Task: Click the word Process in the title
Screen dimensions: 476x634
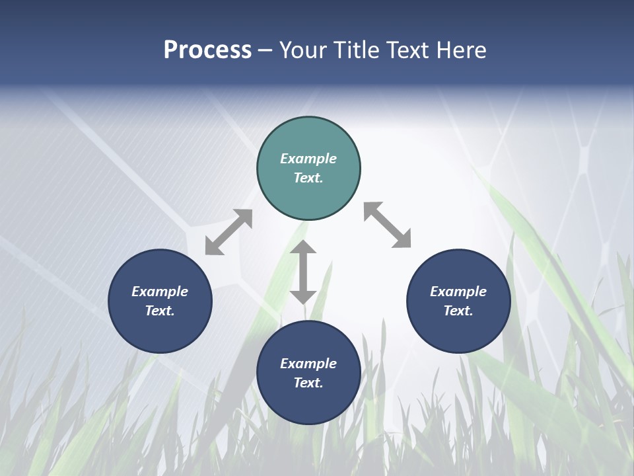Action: click(x=207, y=50)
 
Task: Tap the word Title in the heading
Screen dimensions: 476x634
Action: click(x=358, y=50)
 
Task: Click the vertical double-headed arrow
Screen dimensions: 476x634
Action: click(x=303, y=272)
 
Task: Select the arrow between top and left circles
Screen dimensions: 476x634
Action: click(x=229, y=232)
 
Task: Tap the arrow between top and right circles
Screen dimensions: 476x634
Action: click(x=387, y=225)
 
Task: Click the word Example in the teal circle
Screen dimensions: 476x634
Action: click(x=308, y=159)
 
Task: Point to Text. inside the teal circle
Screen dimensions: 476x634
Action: click(x=308, y=178)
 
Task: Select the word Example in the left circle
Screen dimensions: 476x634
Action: click(x=160, y=292)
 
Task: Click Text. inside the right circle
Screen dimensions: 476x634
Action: click(x=458, y=311)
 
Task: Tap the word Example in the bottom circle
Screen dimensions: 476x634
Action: click(x=308, y=364)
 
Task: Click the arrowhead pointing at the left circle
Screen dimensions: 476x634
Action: click(x=213, y=247)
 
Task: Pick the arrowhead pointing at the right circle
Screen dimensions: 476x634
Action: click(x=402, y=240)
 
